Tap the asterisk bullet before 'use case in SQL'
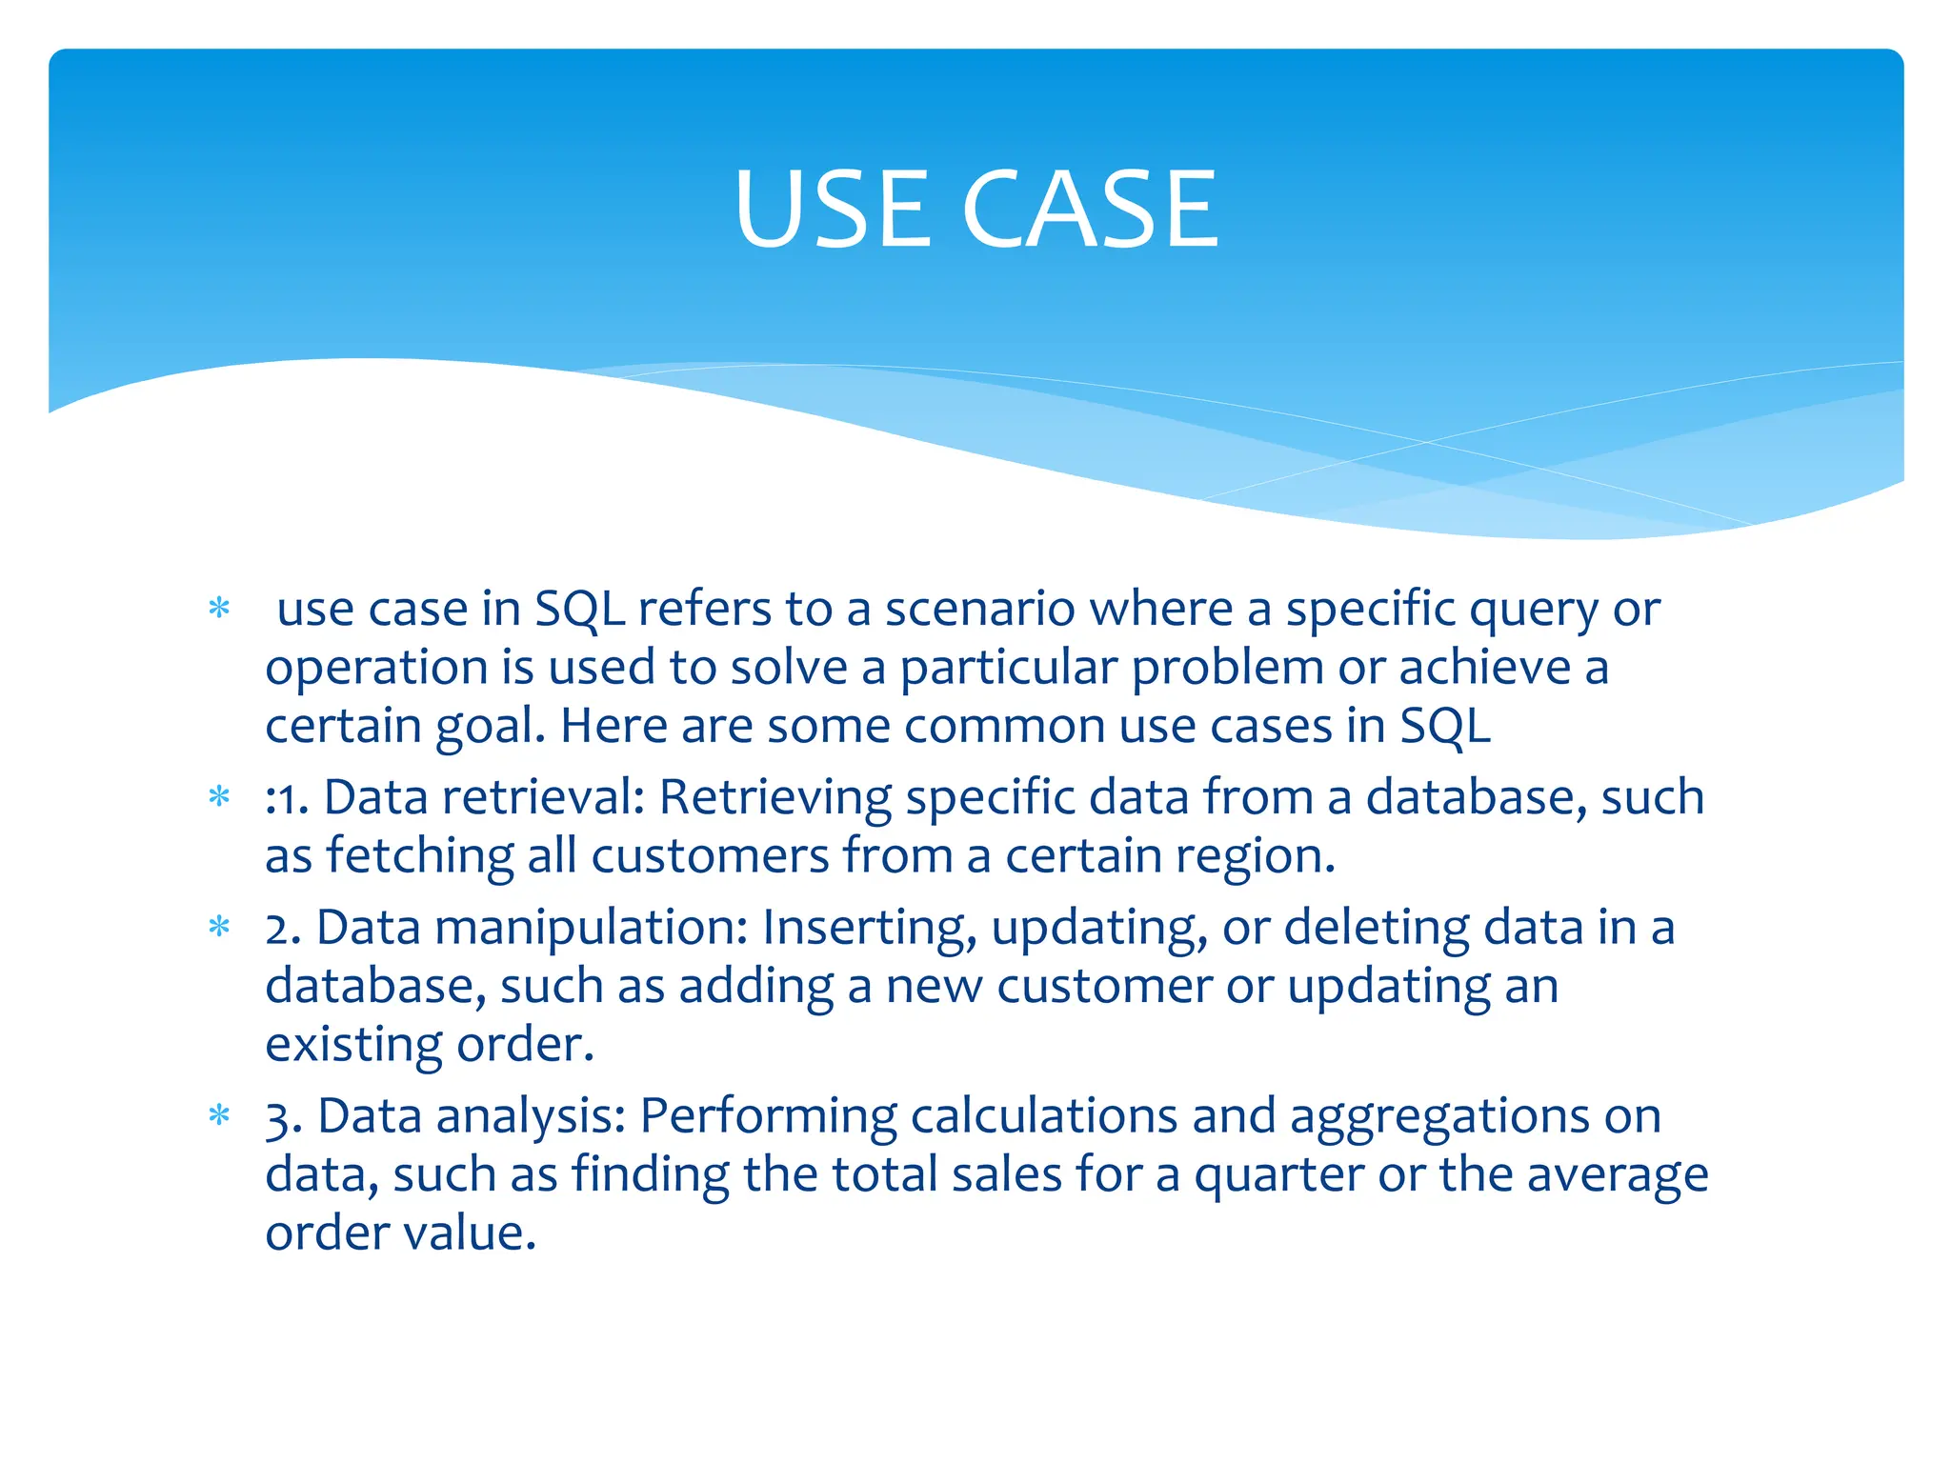tap(219, 608)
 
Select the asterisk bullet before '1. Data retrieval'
tap(219, 796)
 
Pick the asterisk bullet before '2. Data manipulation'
tap(219, 926)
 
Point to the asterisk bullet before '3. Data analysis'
tap(219, 1114)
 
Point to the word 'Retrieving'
tap(774, 798)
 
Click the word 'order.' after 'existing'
tap(525, 1044)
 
